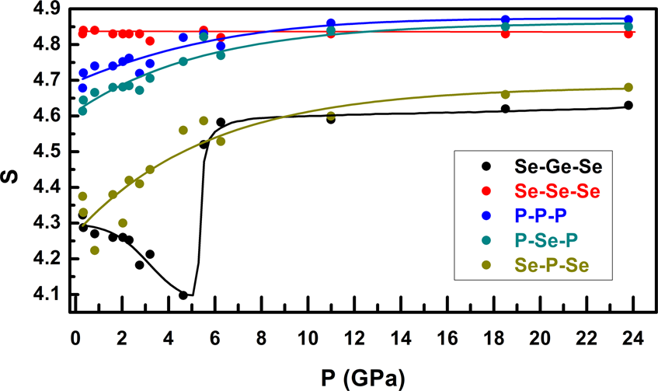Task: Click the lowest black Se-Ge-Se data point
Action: pos(183,295)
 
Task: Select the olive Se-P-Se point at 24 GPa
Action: pos(628,87)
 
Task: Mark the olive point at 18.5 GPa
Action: pos(506,94)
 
